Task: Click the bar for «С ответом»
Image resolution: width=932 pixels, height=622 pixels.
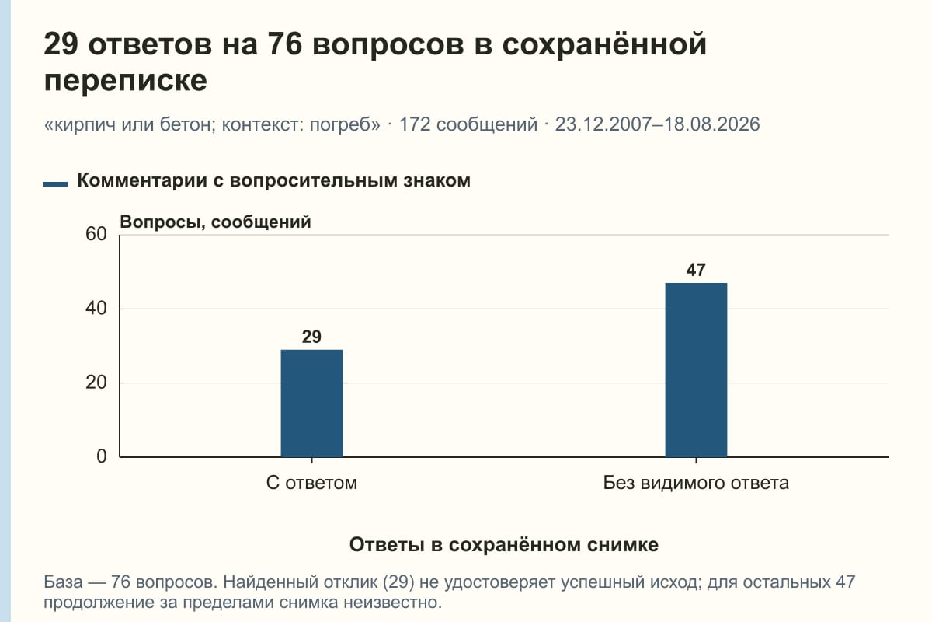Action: [311, 404]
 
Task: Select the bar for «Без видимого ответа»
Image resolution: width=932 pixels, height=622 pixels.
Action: [696, 370]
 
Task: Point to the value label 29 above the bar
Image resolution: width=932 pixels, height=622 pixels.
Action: [311, 337]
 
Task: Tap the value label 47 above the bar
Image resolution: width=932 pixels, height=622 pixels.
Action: [696, 270]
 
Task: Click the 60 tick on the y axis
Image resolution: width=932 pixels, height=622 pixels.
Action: [96, 234]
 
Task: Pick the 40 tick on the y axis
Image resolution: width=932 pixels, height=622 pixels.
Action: [96, 309]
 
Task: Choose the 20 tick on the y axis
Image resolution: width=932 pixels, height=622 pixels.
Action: [96, 383]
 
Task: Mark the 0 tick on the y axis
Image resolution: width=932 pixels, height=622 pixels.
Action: [102, 456]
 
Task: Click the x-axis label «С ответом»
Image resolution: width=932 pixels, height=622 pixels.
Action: [311, 483]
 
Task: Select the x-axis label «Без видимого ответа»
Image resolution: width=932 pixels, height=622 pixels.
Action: [696, 483]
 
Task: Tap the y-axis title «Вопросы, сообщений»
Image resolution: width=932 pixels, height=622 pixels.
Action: [216, 222]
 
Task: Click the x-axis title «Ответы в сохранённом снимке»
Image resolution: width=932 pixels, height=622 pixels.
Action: [504, 544]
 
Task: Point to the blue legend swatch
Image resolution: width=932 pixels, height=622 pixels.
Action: [55, 183]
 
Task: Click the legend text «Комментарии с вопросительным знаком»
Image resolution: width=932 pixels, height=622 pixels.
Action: [273, 180]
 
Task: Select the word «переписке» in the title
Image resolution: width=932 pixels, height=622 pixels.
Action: [125, 80]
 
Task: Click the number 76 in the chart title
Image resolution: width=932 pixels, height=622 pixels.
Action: [284, 44]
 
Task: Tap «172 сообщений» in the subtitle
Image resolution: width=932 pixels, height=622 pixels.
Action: [468, 124]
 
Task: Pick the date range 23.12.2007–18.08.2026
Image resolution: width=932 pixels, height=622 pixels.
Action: [657, 124]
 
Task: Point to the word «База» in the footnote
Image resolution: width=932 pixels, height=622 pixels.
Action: [63, 582]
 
